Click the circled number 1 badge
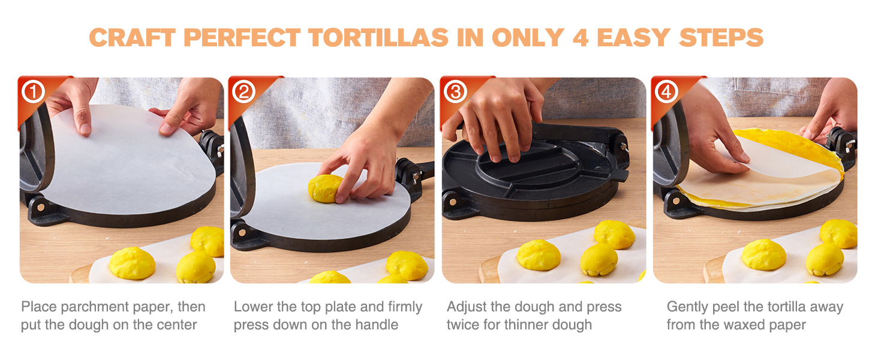pos(34,92)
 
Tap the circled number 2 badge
pos(244,92)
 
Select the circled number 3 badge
pos(455,92)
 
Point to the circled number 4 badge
pos(666,92)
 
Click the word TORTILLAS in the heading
pos(378,38)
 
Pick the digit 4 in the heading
pos(581,38)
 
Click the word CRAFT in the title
pos(132,38)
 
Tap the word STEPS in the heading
pos(721,38)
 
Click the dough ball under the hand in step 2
pos(325,188)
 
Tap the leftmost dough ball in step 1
pos(132,263)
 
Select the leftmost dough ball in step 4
pos(763,254)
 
